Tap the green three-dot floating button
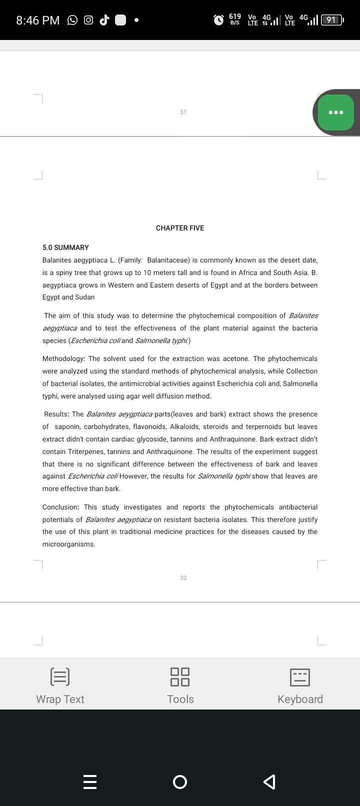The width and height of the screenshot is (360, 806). pyautogui.click(x=335, y=112)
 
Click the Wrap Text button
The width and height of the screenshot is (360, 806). pyautogui.click(x=60, y=685)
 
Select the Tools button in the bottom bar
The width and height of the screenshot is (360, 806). pyautogui.click(x=180, y=685)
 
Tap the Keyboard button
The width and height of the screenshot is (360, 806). pyautogui.click(x=300, y=685)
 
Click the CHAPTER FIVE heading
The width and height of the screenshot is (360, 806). pyautogui.click(x=180, y=228)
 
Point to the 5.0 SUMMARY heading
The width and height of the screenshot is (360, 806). pyautogui.click(x=65, y=247)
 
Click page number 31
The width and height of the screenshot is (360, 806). pyautogui.click(x=183, y=112)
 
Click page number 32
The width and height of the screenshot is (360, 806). pyautogui.click(x=183, y=578)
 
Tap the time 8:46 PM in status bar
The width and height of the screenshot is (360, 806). pyautogui.click(x=37, y=20)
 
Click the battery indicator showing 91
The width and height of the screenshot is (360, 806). pyautogui.click(x=331, y=20)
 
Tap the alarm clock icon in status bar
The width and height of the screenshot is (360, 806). pyautogui.click(x=218, y=20)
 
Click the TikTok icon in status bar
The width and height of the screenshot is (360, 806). pyautogui.click(x=104, y=20)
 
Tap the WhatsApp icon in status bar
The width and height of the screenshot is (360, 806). pyautogui.click(x=72, y=20)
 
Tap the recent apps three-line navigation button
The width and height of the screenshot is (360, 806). pyautogui.click(x=90, y=781)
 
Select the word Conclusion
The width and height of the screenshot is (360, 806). pyautogui.click(x=60, y=507)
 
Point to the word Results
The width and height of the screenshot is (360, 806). pyautogui.click(x=56, y=414)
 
